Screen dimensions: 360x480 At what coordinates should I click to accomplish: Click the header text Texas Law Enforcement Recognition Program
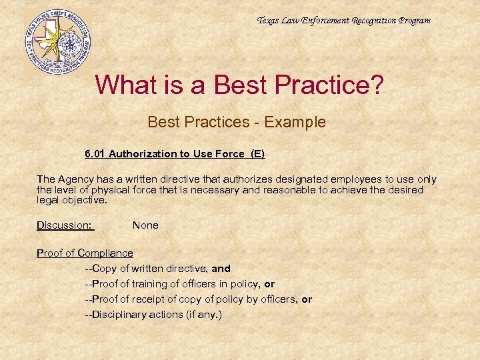pyautogui.click(x=343, y=21)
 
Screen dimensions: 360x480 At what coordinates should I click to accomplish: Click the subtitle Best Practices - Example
pyautogui.click(x=237, y=123)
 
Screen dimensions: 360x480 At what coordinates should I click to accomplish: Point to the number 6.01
pyautogui.click(x=95, y=154)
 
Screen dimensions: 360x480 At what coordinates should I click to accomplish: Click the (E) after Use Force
pyautogui.click(x=257, y=154)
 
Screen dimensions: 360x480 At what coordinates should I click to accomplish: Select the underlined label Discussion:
pyautogui.click(x=65, y=225)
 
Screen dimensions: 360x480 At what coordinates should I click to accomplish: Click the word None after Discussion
pyautogui.click(x=145, y=225)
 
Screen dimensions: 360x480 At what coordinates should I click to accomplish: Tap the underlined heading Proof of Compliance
pyautogui.click(x=85, y=253)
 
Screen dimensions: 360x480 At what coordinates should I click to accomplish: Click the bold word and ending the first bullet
pyautogui.click(x=221, y=269)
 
